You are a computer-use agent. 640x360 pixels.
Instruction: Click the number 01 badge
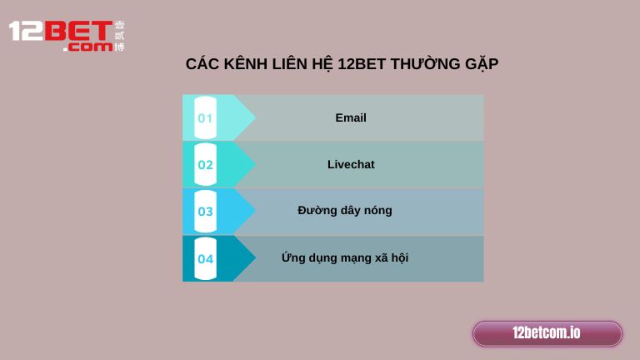[205, 118]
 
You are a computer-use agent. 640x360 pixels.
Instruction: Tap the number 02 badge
[205, 165]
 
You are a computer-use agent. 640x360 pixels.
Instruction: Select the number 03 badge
[205, 212]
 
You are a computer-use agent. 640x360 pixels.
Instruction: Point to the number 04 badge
[205, 259]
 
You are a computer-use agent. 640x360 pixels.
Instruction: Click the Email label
[351, 117]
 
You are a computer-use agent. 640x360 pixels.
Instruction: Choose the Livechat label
[351, 164]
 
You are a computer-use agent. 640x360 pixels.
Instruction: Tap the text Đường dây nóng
[345, 210]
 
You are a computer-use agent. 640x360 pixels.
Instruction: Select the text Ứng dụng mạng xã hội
[345, 257]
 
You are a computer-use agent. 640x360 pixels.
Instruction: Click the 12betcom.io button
[547, 333]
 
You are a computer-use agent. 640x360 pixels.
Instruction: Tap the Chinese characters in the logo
[119, 37]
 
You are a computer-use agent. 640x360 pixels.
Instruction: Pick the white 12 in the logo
[24, 32]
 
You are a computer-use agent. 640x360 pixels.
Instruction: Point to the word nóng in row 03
[377, 210]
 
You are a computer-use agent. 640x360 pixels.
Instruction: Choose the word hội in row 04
[398, 257]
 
